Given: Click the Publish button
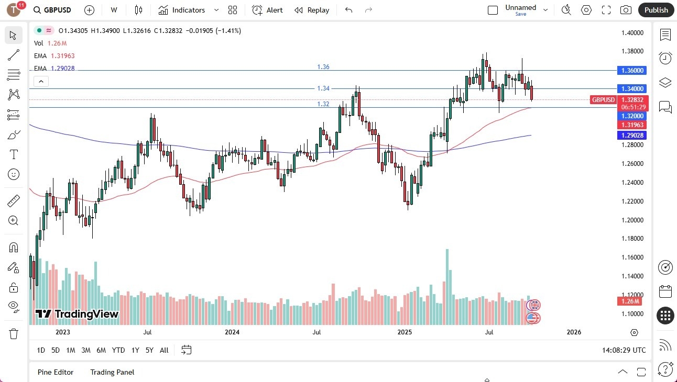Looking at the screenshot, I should pos(656,10).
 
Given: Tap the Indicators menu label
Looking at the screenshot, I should pos(188,10).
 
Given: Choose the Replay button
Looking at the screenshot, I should pos(312,10).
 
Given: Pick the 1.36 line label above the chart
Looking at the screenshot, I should pos(323,67).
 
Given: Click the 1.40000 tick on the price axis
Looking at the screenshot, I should pos(632,33).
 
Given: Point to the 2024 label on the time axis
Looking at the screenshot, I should pos(232,332).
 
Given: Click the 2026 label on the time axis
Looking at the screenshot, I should pos(574,332).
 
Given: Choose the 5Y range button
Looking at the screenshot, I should pos(149,350).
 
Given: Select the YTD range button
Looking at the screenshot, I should pos(118,350).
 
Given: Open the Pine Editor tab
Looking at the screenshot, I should pos(56,372).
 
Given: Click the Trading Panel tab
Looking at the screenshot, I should pos(112,372).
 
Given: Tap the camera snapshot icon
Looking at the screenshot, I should pos(626,10).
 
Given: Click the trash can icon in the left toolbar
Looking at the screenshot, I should pos(14,333).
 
